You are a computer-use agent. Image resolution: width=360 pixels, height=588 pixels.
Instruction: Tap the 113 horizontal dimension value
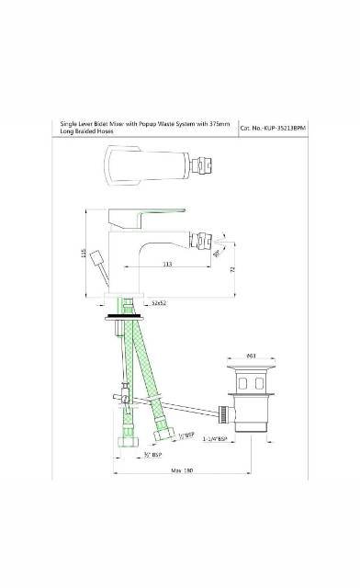166,265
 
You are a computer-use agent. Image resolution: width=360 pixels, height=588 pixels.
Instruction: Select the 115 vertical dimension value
84,254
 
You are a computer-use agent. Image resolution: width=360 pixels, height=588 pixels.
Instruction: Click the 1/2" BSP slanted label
185,434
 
